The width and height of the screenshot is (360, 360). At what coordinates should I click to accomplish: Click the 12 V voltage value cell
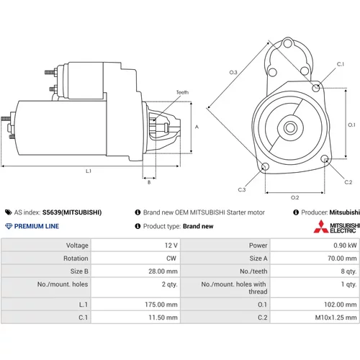point(171,246)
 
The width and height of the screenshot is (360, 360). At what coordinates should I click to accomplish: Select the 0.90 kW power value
point(345,246)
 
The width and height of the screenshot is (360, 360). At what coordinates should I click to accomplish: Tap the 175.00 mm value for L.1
point(161,305)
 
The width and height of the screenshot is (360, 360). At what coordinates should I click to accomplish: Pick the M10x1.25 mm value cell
point(336,318)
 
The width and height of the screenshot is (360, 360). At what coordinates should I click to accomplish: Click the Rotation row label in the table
point(76,258)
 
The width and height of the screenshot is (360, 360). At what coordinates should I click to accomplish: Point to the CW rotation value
point(171,258)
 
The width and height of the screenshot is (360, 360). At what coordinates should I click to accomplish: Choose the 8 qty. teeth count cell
point(348,271)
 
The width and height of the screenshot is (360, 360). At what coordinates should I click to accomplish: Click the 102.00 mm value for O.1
point(341,305)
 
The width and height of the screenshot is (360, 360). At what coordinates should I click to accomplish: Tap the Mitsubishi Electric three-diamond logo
point(321,227)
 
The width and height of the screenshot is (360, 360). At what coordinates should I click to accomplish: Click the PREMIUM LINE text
point(37,226)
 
